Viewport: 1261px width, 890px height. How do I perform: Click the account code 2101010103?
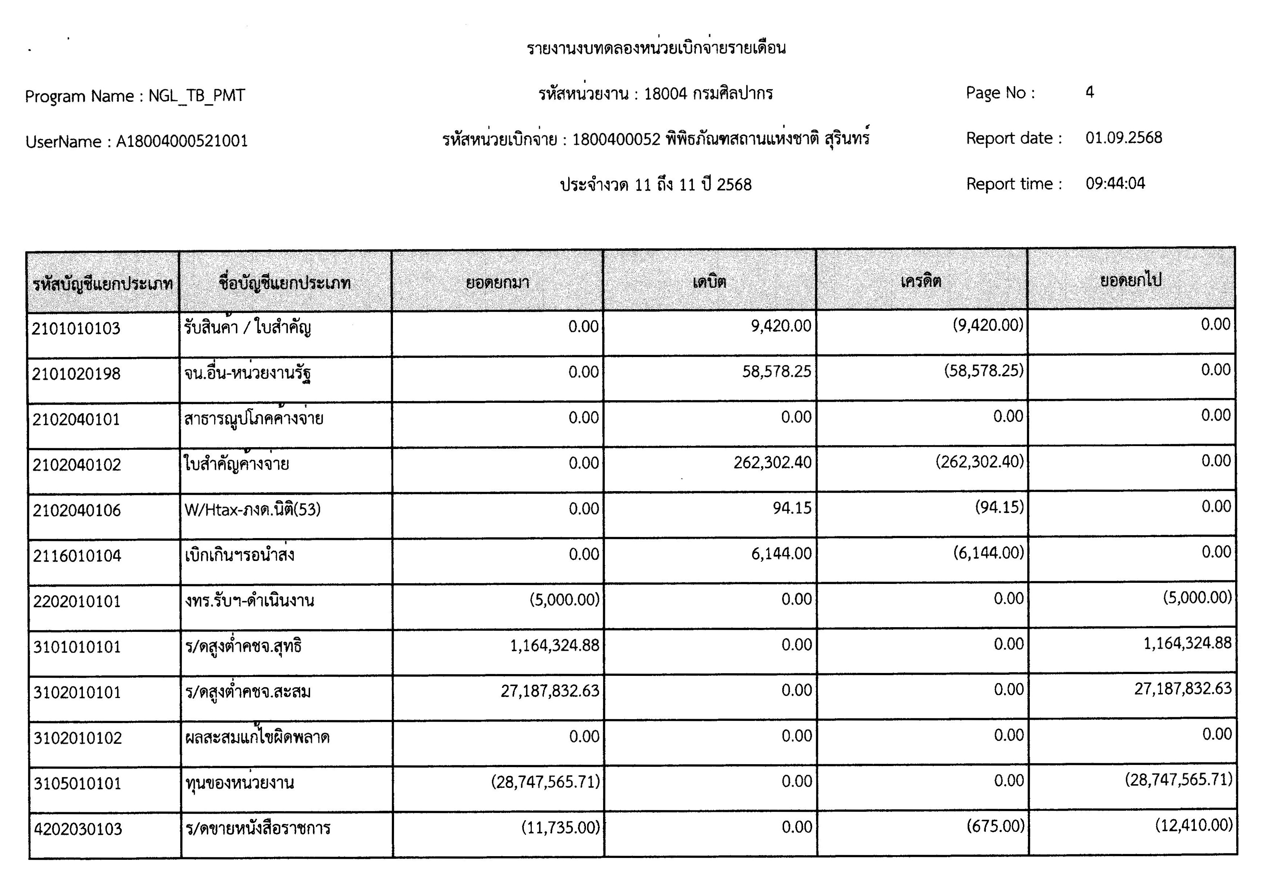click(x=76, y=329)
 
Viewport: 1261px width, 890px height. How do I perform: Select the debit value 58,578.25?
click(x=776, y=372)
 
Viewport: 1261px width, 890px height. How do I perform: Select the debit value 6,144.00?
click(x=781, y=554)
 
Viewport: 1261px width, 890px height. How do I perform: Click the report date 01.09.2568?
click(x=1124, y=138)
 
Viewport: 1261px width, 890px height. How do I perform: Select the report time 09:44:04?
click(x=1115, y=184)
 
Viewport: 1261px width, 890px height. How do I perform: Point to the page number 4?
click(x=1090, y=92)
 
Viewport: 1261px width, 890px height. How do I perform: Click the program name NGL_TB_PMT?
click(x=197, y=96)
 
